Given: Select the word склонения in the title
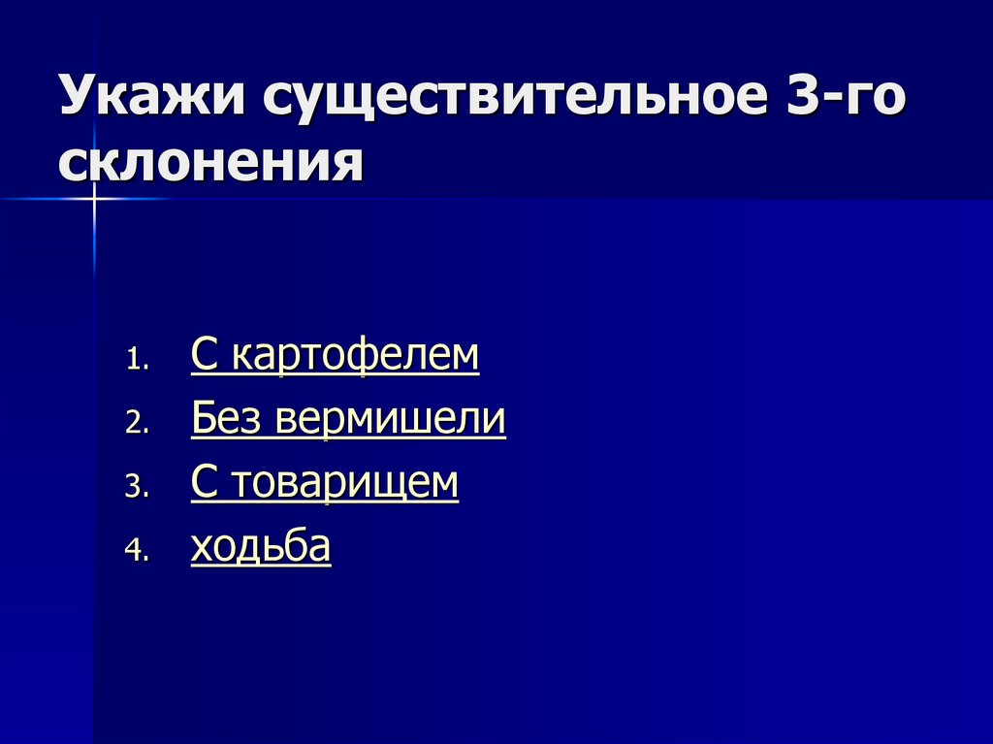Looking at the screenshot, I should click(x=211, y=163).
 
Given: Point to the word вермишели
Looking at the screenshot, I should click(x=390, y=420).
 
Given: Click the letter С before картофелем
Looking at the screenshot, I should click(x=203, y=356).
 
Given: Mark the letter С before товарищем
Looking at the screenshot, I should click(x=203, y=483).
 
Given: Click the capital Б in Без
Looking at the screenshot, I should click(x=203, y=419).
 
